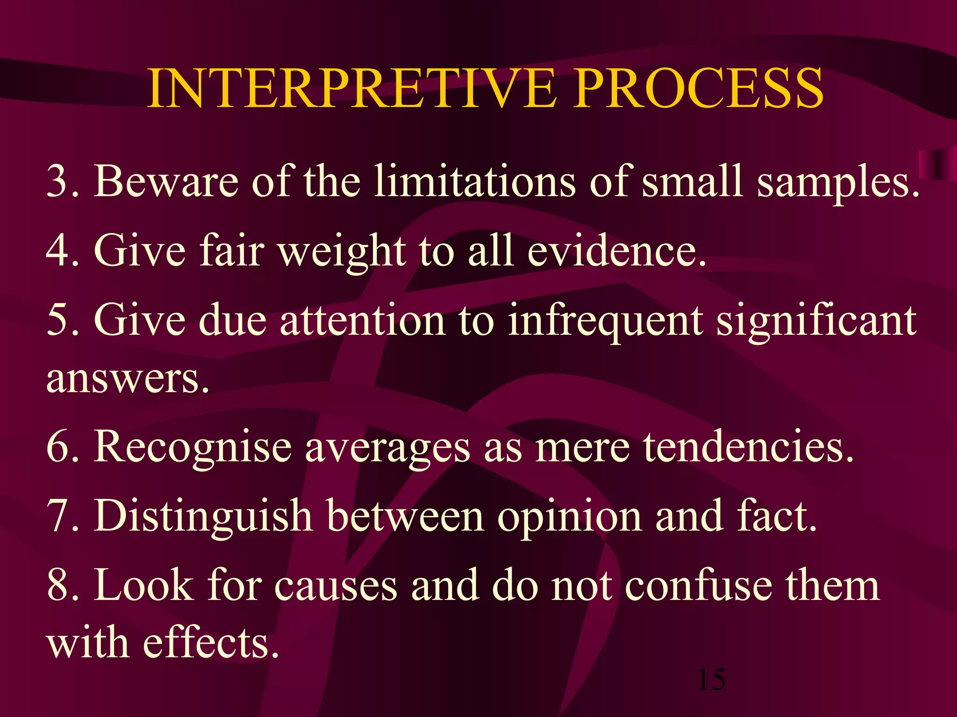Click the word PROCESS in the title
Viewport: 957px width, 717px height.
tap(699, 89)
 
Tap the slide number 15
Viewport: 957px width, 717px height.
tap(711, 680)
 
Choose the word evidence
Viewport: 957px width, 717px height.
tap(617, 251)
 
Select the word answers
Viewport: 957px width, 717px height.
tap(127, 379)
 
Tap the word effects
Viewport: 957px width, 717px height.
tap(210, 643)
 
